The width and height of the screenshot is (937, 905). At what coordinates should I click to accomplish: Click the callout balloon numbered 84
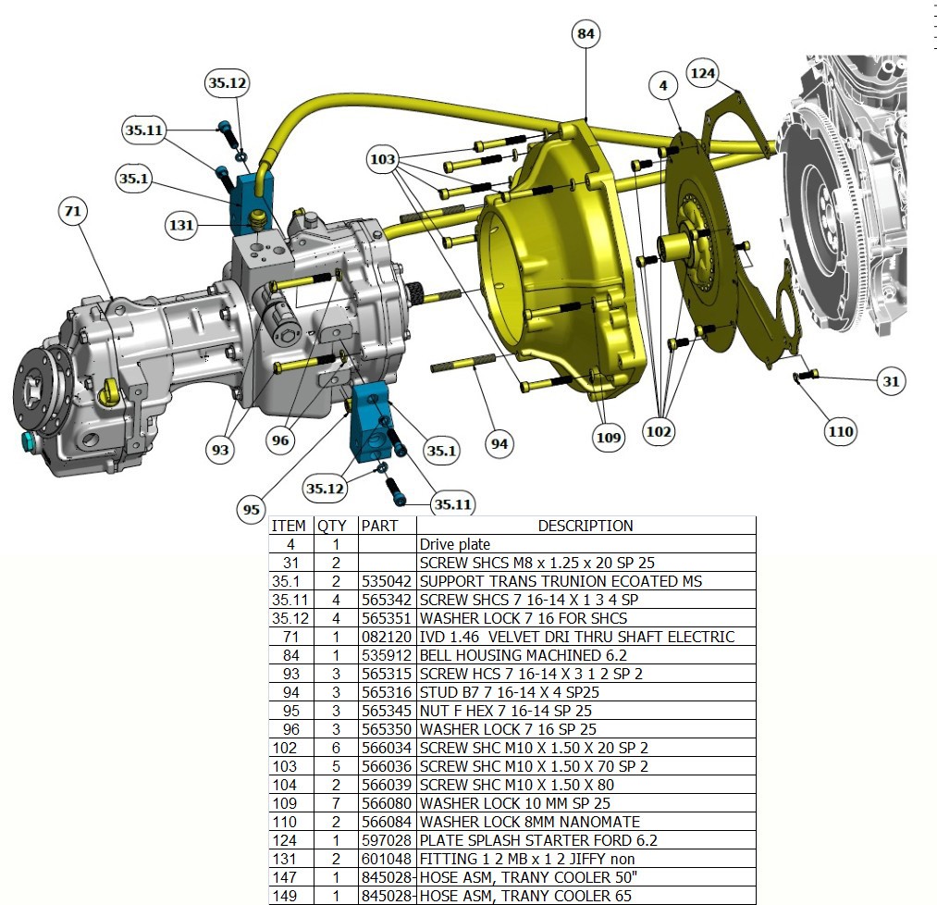point(586,34)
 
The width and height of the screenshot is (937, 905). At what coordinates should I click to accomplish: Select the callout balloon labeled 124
point(703,71)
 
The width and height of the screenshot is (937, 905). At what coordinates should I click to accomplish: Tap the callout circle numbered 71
point(72,212)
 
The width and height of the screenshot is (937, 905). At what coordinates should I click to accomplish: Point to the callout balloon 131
point(182,225)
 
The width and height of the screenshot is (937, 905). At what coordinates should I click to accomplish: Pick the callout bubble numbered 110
point(842,430)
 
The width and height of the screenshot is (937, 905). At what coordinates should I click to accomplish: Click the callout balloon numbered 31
point(891,380)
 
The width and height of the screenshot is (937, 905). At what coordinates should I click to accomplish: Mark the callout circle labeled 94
point(499,443)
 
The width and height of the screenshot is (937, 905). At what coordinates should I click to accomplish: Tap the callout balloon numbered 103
point(382,160)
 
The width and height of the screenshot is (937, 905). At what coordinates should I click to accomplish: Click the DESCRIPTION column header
point(586,526)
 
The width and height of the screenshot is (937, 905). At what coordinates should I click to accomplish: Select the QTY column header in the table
point(332,526)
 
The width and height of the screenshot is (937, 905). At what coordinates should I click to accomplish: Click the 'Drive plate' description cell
point(455,545)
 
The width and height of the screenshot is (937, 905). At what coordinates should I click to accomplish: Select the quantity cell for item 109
point(337,803)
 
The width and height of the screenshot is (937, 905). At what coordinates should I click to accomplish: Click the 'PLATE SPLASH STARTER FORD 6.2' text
point(532,840)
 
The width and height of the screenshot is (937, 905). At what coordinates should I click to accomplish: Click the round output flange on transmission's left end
point(37,389)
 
